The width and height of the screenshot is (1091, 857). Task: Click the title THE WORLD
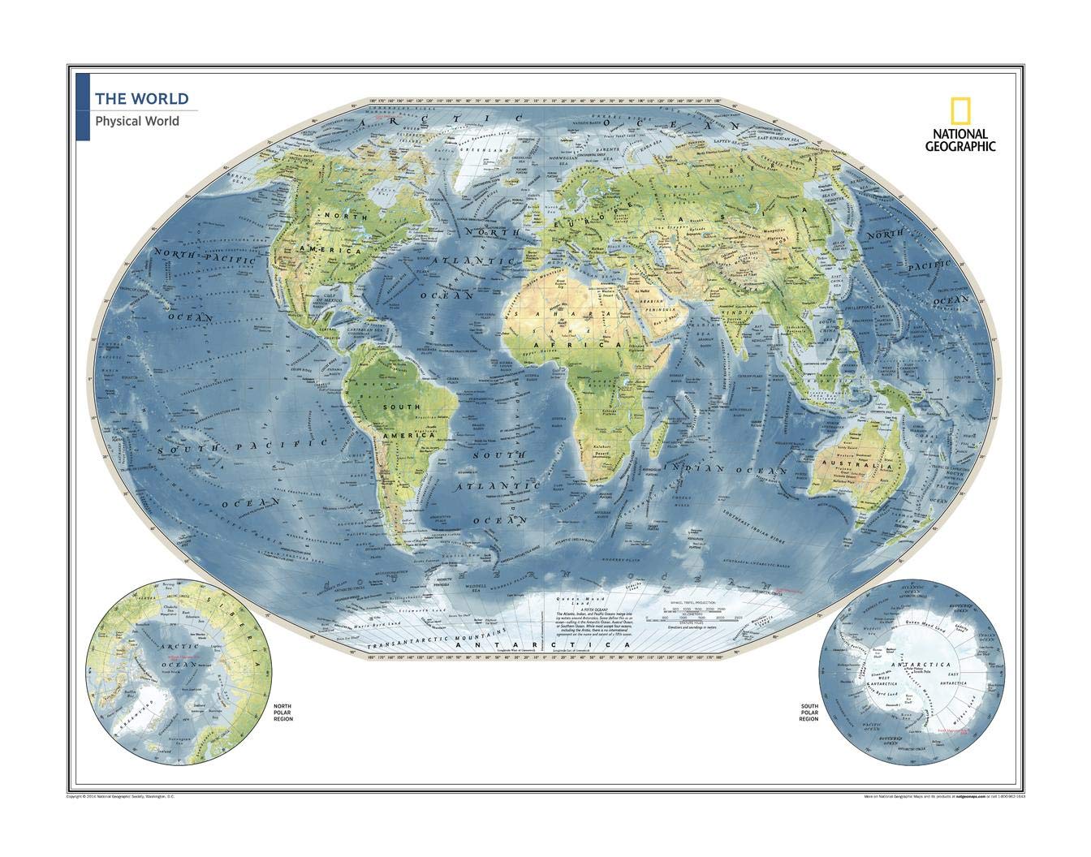point(141,99)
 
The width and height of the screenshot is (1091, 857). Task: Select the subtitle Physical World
point(136,122)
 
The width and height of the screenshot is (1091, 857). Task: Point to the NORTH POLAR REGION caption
point(283,713)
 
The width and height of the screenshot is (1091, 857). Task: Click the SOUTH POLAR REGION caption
point(808,713)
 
